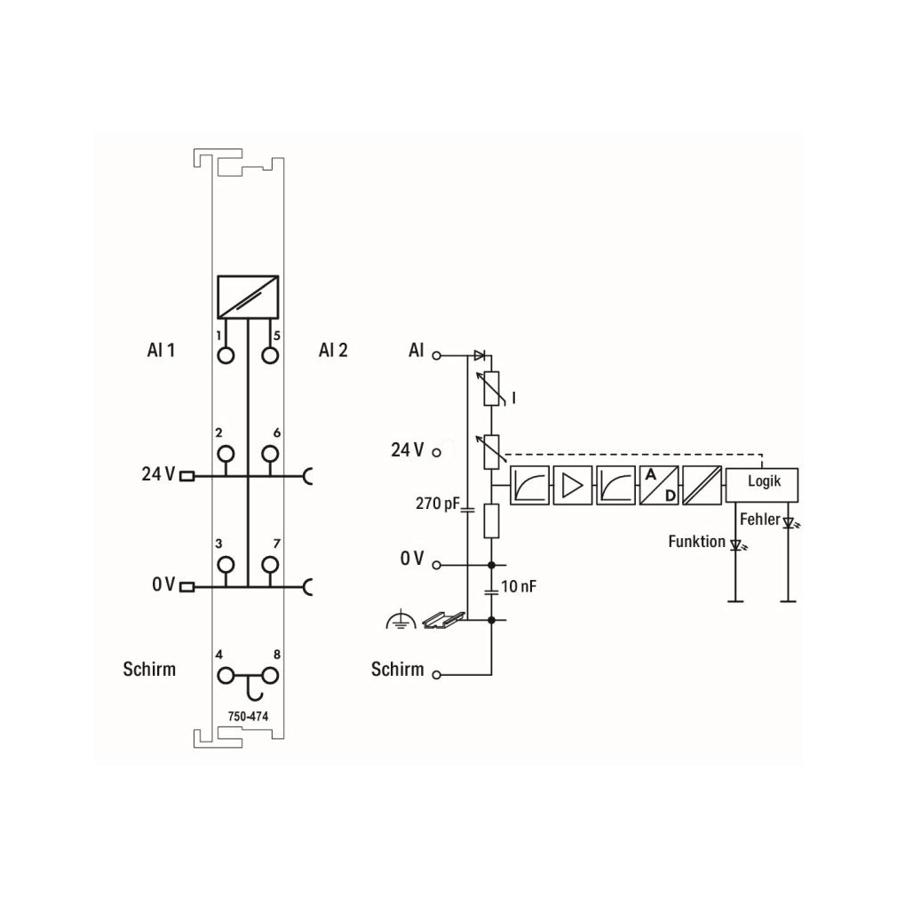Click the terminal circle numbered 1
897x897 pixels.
(x=226, y=355)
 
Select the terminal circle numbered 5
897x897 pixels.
(x=270, y=355)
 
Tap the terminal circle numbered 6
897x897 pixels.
(x=270, y=454)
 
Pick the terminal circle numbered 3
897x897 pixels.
(x=226, y=565)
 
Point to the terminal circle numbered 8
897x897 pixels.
(x=270, y=676)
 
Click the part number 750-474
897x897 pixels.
(x=248, y=716)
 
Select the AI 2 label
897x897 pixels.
(x=333, y=350)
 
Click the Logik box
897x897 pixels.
(x=762, y=485)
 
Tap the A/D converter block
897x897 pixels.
(x=659, y=485)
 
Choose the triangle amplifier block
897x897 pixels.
(x=573, y=485)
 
